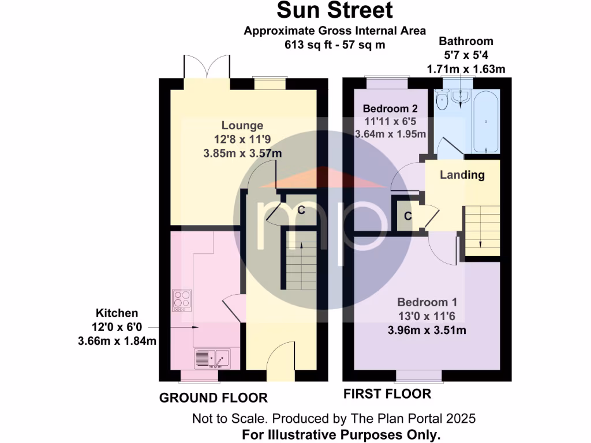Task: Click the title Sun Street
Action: click(x=335, y=10)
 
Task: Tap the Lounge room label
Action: click(x=242, y=125)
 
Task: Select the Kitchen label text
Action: click(x=117, y=313)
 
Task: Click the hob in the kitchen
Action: click(x=182, y=299)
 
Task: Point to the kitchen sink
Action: click(x=212, y=359)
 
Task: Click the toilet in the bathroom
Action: click(x=443, y=100)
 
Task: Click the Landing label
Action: click(x=462, y=175)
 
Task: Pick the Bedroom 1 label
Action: click(x=427, y=302)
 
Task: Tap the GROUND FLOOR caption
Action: click(x=213, y=398)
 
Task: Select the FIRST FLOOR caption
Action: click(x=387, y=394)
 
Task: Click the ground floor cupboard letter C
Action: click(x=301, y=211)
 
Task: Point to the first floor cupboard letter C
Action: click(x=407, y=216)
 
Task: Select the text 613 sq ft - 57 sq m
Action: click(x=334, y=44)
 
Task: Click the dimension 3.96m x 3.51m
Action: click(x=427, y=331)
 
